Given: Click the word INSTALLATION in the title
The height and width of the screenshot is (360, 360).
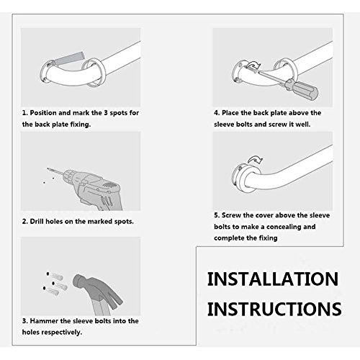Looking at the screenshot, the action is coord(273,279).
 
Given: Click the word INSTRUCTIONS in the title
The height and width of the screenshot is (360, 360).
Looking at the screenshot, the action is coord(274,309).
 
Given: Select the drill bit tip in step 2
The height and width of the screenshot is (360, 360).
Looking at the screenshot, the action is coord(48,168).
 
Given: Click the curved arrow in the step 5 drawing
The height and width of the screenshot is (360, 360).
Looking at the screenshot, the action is coord(256,159).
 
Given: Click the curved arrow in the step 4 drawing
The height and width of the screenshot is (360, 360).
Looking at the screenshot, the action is coord(253,65).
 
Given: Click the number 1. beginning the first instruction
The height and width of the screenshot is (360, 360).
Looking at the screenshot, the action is coord(24,113).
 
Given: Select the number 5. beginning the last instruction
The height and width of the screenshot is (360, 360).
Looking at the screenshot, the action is coord(217,215).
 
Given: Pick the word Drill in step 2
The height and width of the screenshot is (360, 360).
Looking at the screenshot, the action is coord(37,221).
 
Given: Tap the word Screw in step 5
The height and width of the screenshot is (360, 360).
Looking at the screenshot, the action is coord(231,215).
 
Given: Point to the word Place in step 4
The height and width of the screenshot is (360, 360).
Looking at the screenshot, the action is coord(230,113).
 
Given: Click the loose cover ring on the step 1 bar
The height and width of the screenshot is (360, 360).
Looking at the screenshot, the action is coord(93,72).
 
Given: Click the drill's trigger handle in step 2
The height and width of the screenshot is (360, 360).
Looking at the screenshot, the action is coord(110,200).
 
